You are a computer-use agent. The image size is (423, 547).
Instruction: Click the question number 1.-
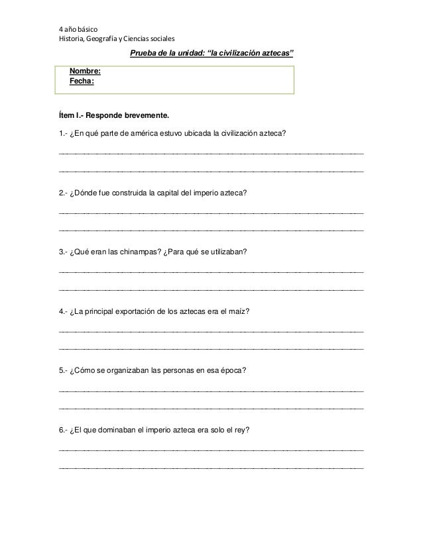pos(63,134)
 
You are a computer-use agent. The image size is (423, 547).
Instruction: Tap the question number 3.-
pos(63,252)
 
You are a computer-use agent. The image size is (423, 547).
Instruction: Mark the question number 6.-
pos(63,429)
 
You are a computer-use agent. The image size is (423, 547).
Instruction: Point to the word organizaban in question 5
pos(126,370)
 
